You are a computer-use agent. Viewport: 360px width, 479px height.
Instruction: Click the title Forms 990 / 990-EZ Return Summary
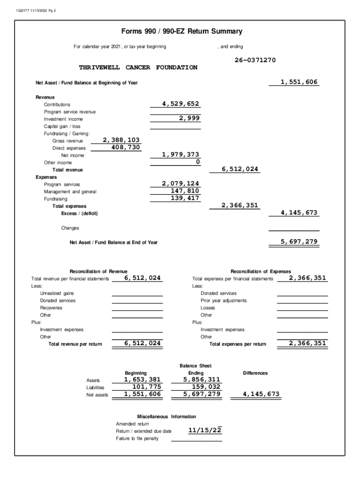(x=182, y=32)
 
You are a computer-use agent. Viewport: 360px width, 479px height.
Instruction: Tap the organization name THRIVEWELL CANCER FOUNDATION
(x=138, y=68)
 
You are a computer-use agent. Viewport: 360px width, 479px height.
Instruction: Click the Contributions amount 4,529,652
(x=180, y=104)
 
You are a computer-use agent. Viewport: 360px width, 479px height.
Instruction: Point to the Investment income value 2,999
(x=189, y=118)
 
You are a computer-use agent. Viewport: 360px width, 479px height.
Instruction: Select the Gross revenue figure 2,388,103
(x=121, y=140)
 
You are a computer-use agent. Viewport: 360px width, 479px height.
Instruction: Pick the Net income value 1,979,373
(x=180, y=154)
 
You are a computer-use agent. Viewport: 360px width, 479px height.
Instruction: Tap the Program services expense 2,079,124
(x=180, y=183)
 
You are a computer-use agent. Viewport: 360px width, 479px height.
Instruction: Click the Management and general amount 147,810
(x=184, y=190)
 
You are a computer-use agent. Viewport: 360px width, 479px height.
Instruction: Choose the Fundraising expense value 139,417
(x=184, y=198)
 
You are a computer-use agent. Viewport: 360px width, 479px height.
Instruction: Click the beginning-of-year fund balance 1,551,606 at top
(x=299, y=82)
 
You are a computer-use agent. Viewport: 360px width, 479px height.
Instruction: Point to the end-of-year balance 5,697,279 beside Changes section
(x=299, y=241)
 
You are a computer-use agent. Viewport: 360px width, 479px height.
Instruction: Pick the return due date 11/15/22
(x=205, y=430)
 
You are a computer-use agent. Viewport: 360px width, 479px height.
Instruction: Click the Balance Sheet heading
(x=195, y=365)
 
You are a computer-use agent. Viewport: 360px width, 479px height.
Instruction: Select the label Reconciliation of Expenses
(x=260, y=271)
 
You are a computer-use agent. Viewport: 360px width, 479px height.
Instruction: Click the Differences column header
(x=255, y=373)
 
